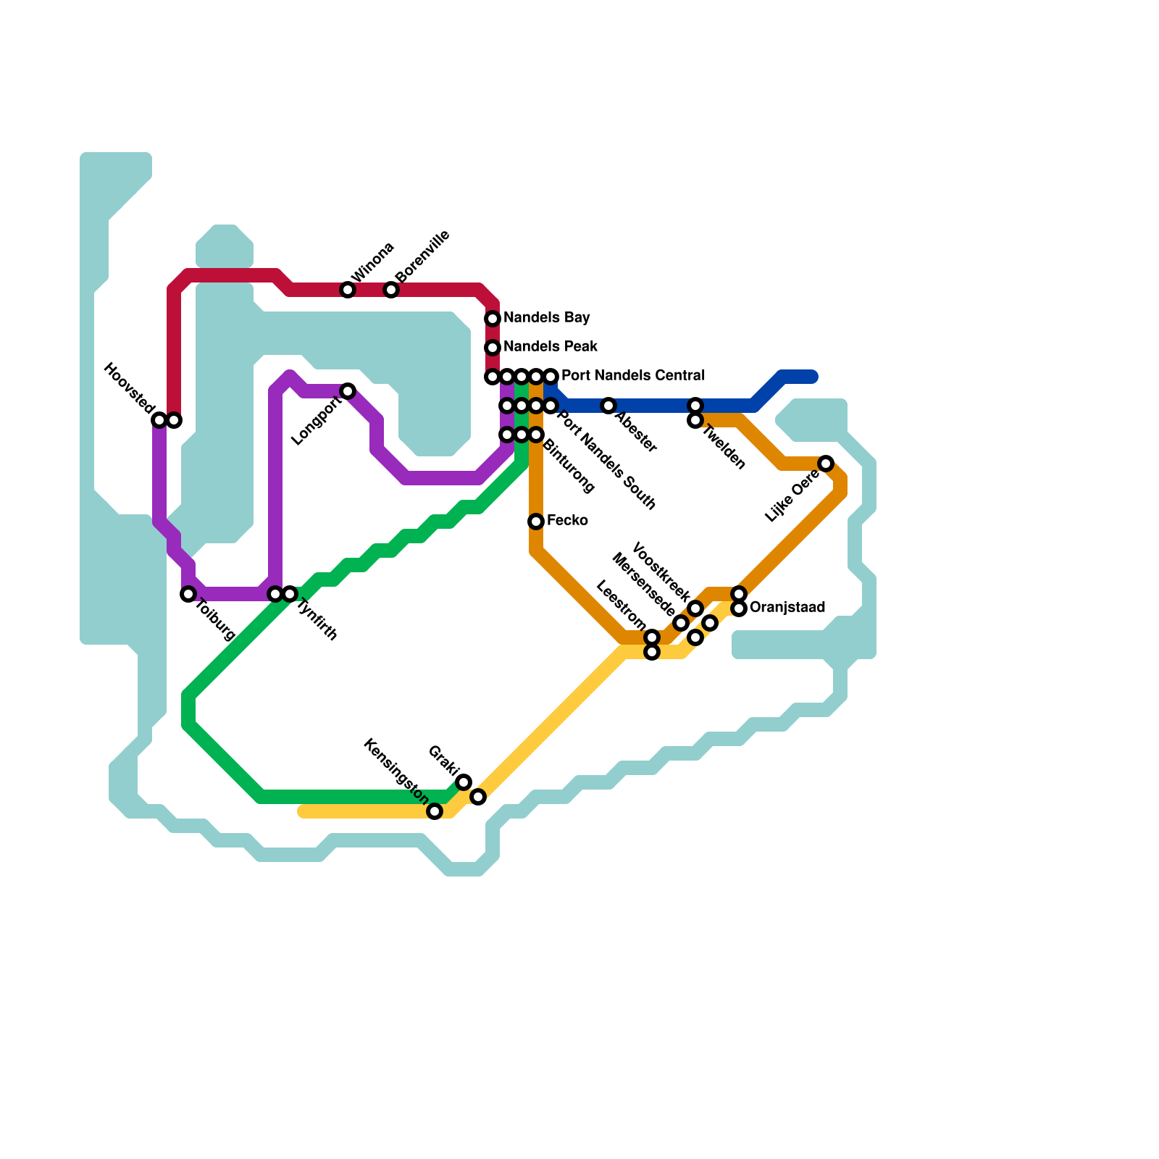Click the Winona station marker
[x=348, y=290]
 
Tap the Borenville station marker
[x=391, y=290]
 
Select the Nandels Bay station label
[x=546, y=317]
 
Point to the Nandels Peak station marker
[x=493, y=348]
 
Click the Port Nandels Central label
[x=632, y=375]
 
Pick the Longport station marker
[x=348, y=391]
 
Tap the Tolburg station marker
[x=188, y=594]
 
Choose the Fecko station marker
[x=536, y=522]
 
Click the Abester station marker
[x=608, y=406]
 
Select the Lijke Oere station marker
[x=826, y=464]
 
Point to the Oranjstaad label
[x=787, y=607]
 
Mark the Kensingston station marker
[x=435, y=811]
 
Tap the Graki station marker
[x=464, y=782]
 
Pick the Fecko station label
[x=567, y=520]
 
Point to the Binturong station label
[x=569, y=466]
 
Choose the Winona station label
[x=373, y=262]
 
